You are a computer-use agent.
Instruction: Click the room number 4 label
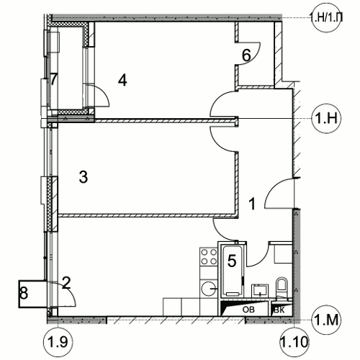pos(122,80)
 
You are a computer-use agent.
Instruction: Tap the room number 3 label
pos(84,177)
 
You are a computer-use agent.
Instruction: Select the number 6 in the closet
pos(246,55)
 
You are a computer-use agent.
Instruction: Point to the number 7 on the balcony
pos(53,79)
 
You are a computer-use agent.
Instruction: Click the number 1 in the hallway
pos(252,204)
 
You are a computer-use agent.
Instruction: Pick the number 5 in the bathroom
pos(232,261)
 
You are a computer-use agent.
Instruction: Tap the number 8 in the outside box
pos(24,293)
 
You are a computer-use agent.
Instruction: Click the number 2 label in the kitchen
pos(66,283)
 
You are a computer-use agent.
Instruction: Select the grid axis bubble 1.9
pos(58,341)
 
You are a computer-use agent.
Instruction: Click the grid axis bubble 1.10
pos(294,342)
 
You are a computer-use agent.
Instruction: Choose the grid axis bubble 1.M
pos(326,320)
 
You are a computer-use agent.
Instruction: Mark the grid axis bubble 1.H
pos(326,118)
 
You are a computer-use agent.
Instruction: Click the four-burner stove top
pos(209,256)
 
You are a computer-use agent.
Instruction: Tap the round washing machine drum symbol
pos(210,289)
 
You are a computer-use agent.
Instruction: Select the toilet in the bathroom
pos(282,287)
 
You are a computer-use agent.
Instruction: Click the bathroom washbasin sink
pos(260,291)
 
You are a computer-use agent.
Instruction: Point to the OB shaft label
pos(248,310)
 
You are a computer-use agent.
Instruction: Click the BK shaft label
pos(279,310)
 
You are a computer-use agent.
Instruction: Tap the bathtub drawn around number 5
pos(233,271)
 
